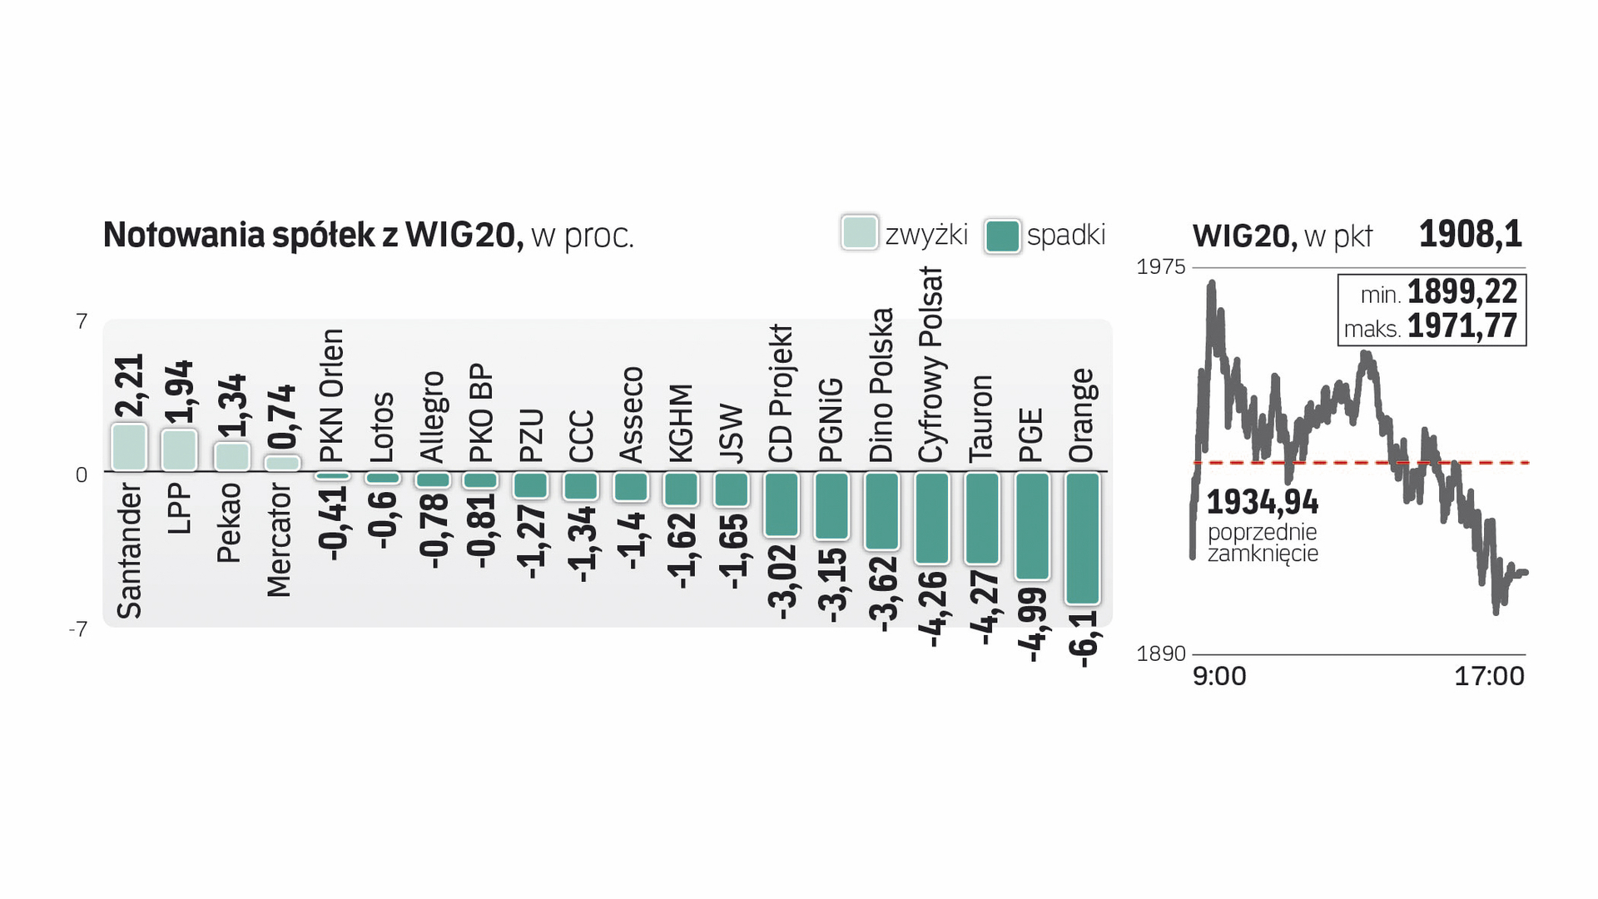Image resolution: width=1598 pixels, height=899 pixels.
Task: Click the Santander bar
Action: click(x=129, y=448)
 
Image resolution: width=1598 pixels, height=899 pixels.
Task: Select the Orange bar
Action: click(x=1082, y=538)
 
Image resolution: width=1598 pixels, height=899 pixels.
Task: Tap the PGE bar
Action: click(x=1032, y=526)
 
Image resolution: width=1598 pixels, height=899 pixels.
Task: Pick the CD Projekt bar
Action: click(x=782, y=504)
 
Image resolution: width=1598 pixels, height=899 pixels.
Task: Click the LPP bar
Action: click(x=179, y=450)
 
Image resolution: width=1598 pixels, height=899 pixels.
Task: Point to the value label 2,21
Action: click(x=130, y=385)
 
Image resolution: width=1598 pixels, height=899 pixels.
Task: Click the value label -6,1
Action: click(x=1084, y=638)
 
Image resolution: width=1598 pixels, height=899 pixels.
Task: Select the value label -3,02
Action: click(x=782, y=583)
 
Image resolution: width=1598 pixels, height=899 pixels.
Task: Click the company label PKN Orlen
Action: click(x=331, y=395)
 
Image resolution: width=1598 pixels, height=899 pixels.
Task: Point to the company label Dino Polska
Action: click(x=881, y=385)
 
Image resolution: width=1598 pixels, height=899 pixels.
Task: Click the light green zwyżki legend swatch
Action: click(x=859, y=233)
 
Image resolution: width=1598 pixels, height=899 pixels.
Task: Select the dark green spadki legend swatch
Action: click(x=1002, y=236)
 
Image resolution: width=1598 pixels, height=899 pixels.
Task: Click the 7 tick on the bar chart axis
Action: click(x=82, y=321)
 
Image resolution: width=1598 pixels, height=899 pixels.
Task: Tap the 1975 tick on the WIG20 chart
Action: click(x=1160, y=267)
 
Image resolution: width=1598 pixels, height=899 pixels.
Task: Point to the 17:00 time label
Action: click(x=1488, y=676)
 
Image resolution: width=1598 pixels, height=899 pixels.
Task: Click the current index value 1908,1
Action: click(x=1470, y=234)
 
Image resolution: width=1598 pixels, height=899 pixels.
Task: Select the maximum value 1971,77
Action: click(x=1462, y=326)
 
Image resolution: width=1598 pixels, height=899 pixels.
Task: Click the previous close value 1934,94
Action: click(x=1262, y=503)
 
